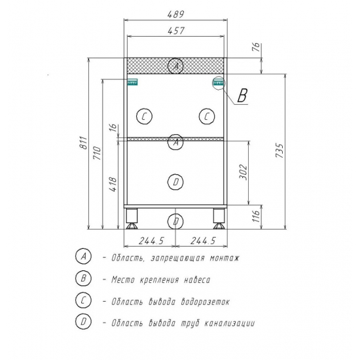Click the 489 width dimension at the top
coord(175,14)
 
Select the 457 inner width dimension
coord(175,31)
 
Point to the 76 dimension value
coord(257,47)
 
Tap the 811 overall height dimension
coord(84,143)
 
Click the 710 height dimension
coord(97,153)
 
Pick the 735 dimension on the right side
coord(279,151)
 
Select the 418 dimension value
coord(113,185)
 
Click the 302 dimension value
coord(243,172)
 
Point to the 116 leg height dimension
coord(257,213)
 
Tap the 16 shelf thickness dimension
coord(113,128)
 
